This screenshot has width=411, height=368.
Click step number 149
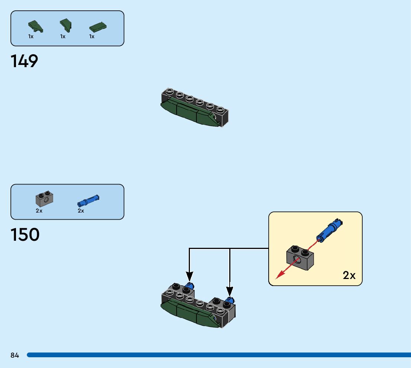(x=25, y=61)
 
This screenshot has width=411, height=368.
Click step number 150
(x=25, y=235)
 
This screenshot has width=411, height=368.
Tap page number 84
(x=14, y=355)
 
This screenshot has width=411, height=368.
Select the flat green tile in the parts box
(x=98, y=27)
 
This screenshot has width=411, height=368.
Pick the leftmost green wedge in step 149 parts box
(x=35, y=27)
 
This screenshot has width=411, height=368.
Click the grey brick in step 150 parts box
(x=44, y=200)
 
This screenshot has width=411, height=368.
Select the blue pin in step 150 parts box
(x=88, y=200)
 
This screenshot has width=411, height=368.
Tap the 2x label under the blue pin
(x=81, y=211)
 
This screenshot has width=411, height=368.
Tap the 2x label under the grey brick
(x=39, y=211)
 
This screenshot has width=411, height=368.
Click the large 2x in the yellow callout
(x=349, y=275)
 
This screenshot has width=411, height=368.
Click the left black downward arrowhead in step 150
(x=190, y=276)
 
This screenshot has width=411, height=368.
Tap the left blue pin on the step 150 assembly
(x=190, y=286)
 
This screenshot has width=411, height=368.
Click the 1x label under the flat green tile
(x=92, y=36)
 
